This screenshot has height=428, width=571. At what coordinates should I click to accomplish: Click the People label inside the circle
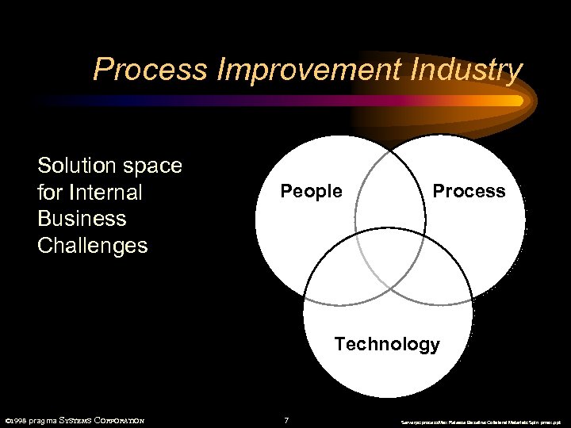coord(311,192)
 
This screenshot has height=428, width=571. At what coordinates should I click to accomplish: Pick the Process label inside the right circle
coord(468,191)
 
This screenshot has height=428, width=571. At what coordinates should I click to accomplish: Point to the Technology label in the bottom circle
coord(386,344)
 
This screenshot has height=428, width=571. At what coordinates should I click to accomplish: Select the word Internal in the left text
coord(105,193)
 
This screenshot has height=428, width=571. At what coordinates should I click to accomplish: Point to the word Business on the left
coord(82,219)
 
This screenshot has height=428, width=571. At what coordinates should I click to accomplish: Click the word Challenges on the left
coord(92,246)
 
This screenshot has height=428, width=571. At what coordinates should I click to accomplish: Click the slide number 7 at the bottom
coord(286,420)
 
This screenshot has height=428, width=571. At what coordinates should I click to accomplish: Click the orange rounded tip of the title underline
coord(516,101)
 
